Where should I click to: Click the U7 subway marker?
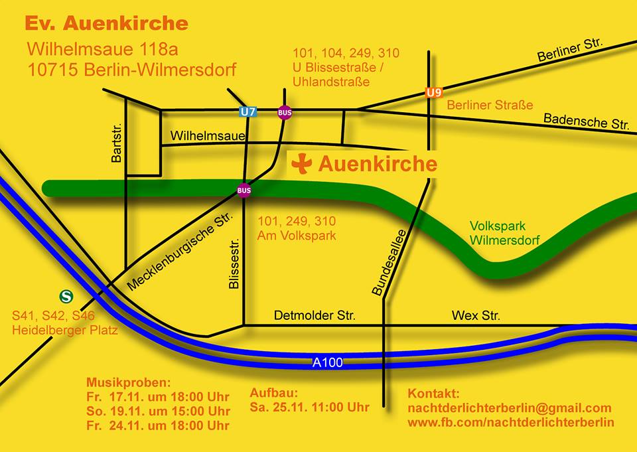[248, 112]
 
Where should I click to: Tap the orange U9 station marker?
[434, 93]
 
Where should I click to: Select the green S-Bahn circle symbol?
[66, 296]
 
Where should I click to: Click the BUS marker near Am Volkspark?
[244, 190]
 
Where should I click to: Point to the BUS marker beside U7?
[285, 112]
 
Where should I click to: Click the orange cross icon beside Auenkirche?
[302, 164]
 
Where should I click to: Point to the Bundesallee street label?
[379, 263]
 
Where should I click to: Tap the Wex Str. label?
[476, 315]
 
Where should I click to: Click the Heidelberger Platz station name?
[65, 330]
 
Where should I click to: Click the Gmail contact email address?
[509, 408]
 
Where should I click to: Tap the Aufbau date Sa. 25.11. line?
[309, 407]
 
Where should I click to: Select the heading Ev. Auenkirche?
[106, 24]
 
